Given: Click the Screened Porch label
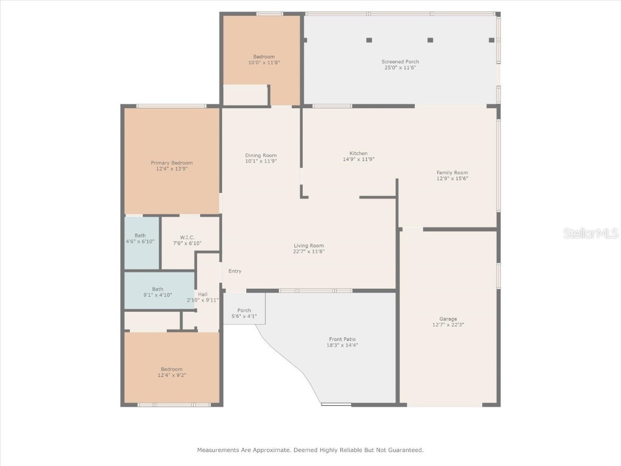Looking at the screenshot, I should [400, 61].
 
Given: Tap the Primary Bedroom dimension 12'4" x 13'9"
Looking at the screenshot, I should [172, 169].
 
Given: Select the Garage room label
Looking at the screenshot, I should [448, 319].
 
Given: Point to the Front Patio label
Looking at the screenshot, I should [342, 339].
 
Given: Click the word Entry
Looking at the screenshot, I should [235, 271].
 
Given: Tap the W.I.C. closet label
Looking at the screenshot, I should [186, 237].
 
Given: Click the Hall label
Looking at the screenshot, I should [203, 294].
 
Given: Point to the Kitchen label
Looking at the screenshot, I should [358, 153].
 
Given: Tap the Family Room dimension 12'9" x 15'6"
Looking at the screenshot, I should [452, 178].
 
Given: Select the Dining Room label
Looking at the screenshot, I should [261, 155].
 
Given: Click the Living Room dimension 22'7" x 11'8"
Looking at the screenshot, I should [309, 251].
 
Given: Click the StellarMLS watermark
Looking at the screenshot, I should [591, 234].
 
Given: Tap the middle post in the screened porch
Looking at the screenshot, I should [430, 40].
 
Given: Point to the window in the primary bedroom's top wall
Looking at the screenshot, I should [171, 106].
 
